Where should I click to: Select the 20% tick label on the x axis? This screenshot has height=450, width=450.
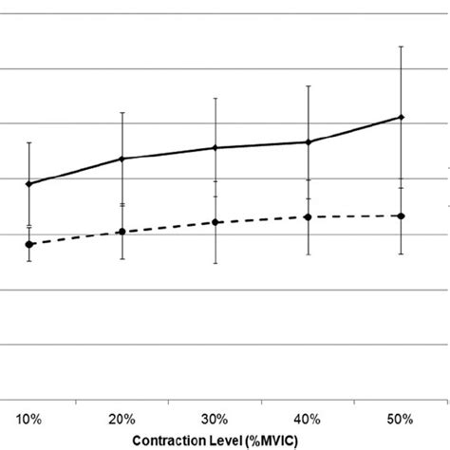coord(122,417)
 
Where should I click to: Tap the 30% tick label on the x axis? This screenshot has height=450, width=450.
coord(215,417)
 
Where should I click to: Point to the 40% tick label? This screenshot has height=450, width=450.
coord(308,417)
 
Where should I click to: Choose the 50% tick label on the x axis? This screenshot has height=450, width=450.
coord(401,417)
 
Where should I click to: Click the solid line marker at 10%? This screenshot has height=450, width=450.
coord(29,183)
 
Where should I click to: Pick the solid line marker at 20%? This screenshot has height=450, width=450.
coord(122,159)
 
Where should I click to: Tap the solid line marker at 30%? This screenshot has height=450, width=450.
coord(215,147)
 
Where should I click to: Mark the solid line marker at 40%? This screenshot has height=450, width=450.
coord(308,142)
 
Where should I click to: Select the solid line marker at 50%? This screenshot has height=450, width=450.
coord(401,117)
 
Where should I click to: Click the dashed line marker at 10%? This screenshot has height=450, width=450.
coord(29,245)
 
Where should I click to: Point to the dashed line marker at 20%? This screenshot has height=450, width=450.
coord(122,232)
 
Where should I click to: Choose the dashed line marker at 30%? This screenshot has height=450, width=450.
coord(215,222)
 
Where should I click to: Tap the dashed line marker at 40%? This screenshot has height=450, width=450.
coord(308,216)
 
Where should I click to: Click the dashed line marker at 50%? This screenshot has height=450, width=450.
coord(401,216)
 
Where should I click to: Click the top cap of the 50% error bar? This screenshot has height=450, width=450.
coord(401,46)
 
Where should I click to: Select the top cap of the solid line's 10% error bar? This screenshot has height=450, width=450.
coord(29,142)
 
